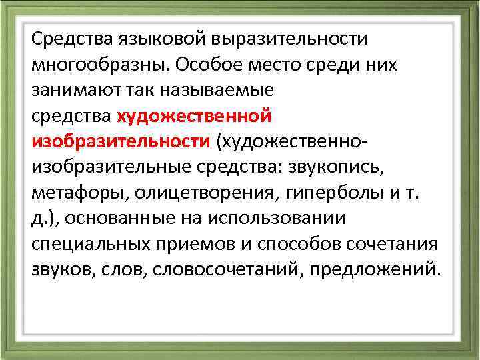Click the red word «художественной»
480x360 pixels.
194,117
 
